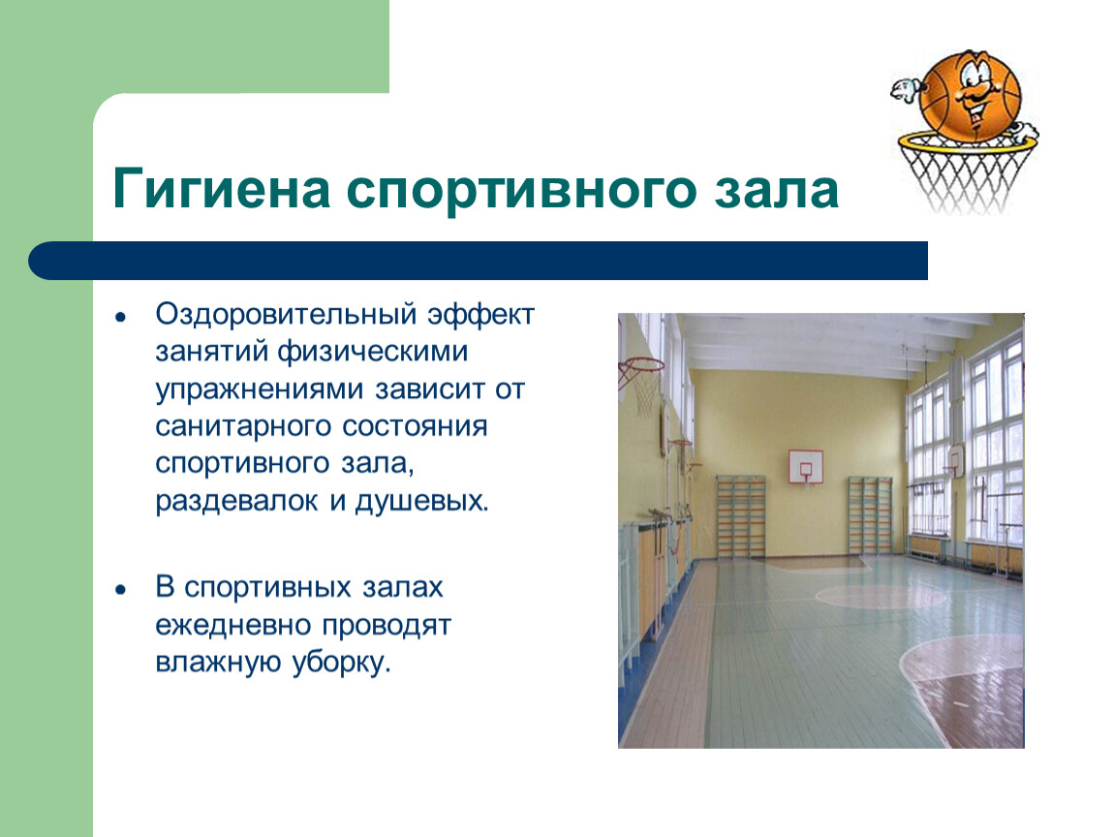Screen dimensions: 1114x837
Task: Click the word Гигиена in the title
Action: pyautogui.click(x=221, y=188)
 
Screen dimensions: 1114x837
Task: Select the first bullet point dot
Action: pyautogui.click(x=121, y=317)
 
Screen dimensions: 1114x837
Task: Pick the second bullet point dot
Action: pyautogui.click(x=121, y=590)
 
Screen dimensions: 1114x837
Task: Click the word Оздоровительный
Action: pyautogui.click(x=286, y=314)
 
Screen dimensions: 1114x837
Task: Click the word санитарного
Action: pyautogui.click(x=244, y=428)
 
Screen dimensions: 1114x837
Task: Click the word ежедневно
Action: pyautogui.click(x=233, y=626)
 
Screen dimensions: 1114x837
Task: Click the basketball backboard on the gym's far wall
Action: pyautogui.click(x=806, y=466)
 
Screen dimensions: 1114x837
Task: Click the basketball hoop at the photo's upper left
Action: pyautogui.click(x=641, y=384)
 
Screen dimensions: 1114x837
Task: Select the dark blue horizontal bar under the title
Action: pyautogui.click(x=479, y=261)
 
